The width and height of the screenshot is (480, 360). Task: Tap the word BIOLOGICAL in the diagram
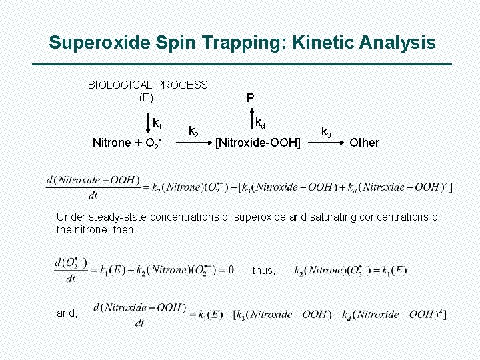point(119,85)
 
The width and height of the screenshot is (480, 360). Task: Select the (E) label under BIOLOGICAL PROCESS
point(146,97)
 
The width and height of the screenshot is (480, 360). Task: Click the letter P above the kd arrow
point(250,98)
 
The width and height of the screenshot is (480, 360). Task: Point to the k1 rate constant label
point(157,123)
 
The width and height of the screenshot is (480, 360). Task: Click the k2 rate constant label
point(193,131)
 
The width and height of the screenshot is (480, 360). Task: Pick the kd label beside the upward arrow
point(260,123)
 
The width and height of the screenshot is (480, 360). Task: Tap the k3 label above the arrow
point(326,131)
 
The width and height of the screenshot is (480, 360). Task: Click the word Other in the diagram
point(364,142)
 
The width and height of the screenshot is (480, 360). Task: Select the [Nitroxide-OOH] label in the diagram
point(257,142)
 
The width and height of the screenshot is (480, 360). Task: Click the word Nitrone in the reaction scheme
point(111,142)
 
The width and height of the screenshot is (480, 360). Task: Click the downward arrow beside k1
point(148,124)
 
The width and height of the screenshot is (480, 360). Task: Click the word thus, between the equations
point(263,270)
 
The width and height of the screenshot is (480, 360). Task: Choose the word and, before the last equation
point(67,313)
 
